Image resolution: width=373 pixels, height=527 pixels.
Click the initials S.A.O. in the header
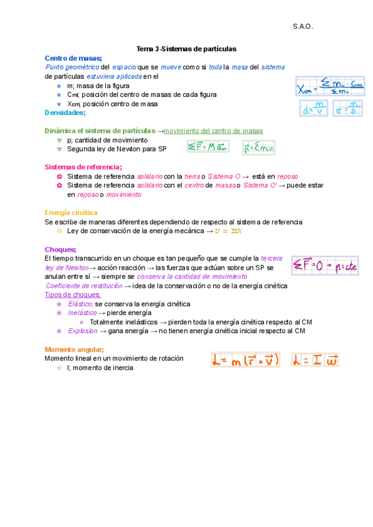(x=303, y=27)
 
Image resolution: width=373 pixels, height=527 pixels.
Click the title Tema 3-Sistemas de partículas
(x=186, y=48)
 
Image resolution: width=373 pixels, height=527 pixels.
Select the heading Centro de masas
(x=68, y=58)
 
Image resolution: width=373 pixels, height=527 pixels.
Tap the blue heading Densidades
(x=65, y=113)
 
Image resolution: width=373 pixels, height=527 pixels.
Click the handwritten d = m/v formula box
(x=314, y=109)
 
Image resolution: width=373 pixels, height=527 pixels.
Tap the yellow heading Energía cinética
(x=71, y=213)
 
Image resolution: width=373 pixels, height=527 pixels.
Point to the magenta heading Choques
(x=60, y=249)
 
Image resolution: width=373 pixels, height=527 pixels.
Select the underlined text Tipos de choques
(x=73, y=295)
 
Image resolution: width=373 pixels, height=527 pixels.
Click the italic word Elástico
(x=80, y=304)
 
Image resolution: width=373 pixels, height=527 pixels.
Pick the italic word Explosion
(x=82, y=331)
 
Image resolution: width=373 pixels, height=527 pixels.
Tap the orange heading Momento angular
(x=74, y=349)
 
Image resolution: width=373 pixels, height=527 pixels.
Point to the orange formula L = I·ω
(x=314, y=360)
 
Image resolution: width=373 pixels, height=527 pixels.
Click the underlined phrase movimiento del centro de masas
(x=213, y=131)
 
